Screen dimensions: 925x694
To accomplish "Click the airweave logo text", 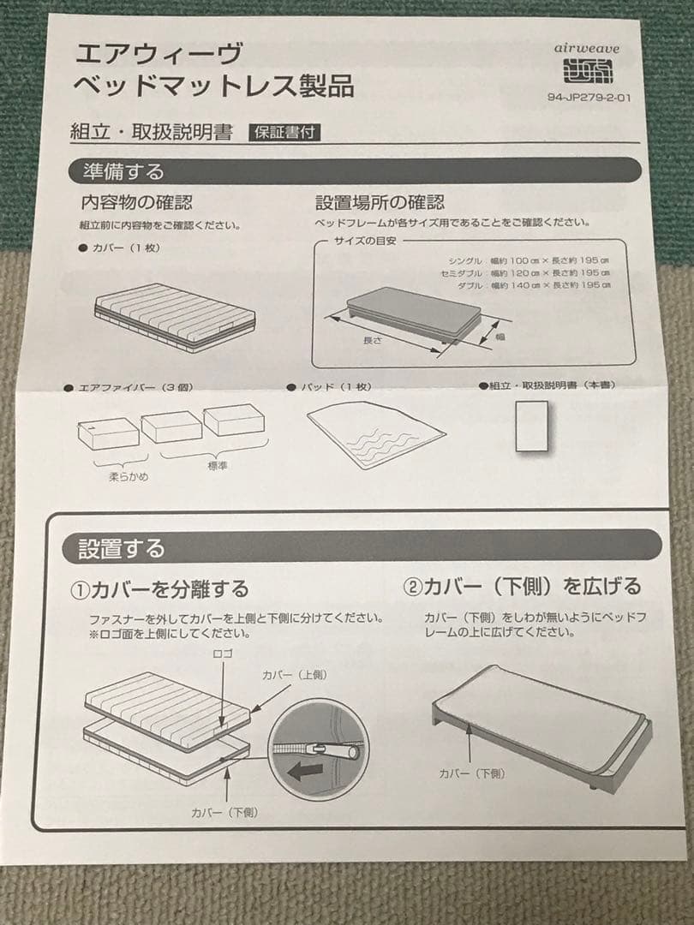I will [x=587, y=49].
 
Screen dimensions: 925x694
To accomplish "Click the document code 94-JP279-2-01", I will [x=589, y=97].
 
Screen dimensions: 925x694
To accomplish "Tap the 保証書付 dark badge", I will [x=285, y=133].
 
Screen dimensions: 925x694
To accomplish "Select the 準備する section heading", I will [x=123, y=171].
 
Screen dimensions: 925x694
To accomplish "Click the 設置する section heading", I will [x=121, y=546].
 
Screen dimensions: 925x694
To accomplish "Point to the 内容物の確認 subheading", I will [x=136, y=203].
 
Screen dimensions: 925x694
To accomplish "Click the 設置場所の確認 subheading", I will [x=380, y=203].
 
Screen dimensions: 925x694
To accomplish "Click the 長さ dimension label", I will [x=372, y=340].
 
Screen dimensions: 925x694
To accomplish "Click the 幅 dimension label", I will [x=500, y=337].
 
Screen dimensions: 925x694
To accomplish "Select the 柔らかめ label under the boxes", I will [x=127, y=476].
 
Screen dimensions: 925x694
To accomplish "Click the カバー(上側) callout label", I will [x=294, y=675].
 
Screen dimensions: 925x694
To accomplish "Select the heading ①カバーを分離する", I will [x=159, y=589].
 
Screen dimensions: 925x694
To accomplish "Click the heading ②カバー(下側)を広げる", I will [x=521, y=587].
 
